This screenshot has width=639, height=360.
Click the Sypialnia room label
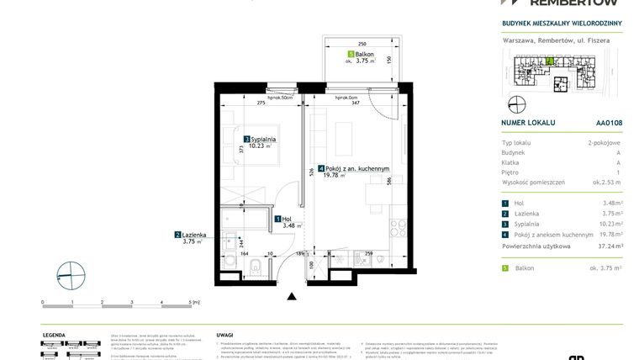261,140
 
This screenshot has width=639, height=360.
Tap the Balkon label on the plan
363,56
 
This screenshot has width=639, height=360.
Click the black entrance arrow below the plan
292,296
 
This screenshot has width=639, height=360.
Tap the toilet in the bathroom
254,267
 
